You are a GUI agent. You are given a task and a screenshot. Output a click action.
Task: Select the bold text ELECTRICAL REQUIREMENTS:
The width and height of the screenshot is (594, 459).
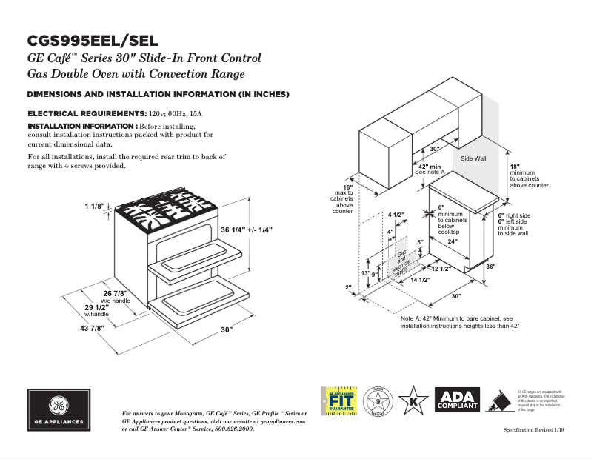click(x=85, y=115)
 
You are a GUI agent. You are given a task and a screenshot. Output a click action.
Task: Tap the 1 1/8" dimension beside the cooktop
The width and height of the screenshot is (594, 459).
click(x=96, y=206)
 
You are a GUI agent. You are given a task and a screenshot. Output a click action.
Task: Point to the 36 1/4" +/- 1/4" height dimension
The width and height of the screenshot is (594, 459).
click(x=247, y=230)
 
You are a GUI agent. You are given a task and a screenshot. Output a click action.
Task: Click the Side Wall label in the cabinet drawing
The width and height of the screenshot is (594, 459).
click(x=473, y=159)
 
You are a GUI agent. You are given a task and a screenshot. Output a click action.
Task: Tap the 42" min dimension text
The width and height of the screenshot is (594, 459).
click(x=430, y=167)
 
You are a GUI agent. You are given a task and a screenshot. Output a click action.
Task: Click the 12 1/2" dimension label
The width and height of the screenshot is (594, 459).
click(x=441, y=269)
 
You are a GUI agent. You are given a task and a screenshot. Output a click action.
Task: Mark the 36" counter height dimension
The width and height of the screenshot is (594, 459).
click(x=490, y=267)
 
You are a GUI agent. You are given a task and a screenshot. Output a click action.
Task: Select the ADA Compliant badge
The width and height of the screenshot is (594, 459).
click(x=457, y=401)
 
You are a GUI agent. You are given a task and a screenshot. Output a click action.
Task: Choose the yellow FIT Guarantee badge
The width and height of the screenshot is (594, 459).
click(x=338, y=401)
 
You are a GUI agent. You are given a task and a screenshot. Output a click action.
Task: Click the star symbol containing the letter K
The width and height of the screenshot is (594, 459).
click(x=413, y=401)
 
